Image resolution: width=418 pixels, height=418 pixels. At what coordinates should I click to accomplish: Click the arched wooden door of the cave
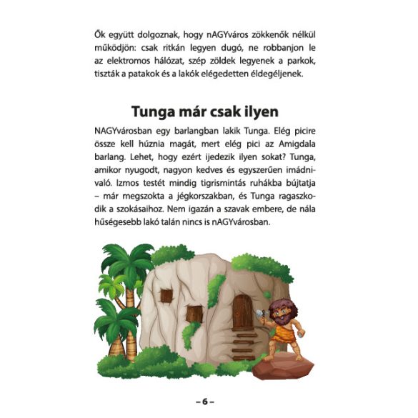(x=243, y=309)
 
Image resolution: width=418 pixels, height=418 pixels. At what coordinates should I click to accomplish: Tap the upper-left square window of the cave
(x=167, y=294)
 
